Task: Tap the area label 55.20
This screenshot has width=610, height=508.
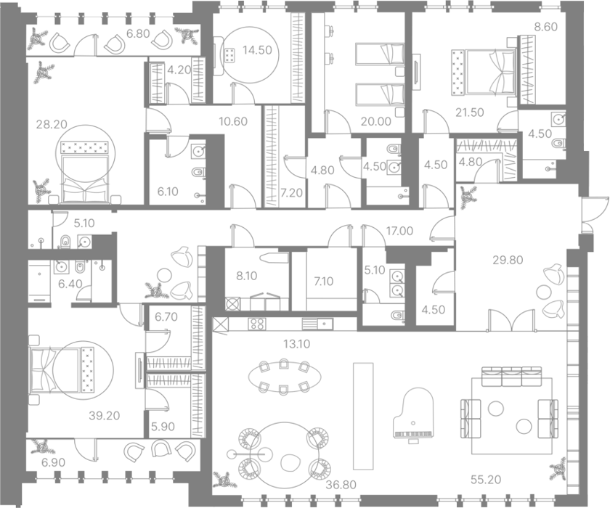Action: click(486, 480)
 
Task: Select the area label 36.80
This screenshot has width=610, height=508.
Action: click(341, 485)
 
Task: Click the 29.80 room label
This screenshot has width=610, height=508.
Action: click(508, 260)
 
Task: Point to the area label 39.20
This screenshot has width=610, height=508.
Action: click(105, 416)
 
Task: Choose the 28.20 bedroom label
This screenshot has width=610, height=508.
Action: click(52, 124)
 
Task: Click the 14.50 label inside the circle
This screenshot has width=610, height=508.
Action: click(257, 50)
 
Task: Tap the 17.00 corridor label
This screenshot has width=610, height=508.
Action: click(399, 231)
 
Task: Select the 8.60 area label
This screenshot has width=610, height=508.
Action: click(546, 27)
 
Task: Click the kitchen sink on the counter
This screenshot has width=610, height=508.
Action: click(317, 324)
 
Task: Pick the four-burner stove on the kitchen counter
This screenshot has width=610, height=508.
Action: click(257, 324)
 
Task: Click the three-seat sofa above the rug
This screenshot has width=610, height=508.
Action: click(511, 376)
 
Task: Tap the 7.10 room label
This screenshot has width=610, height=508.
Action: click(324, 281)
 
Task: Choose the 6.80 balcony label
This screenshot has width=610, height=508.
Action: click(138, 34)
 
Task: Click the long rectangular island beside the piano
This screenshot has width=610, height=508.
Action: click(363, 417)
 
